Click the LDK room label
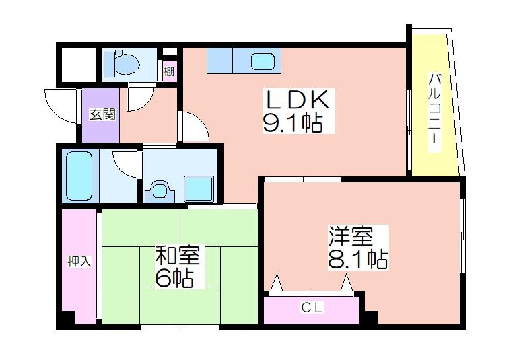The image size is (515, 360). pyautogui.click(x=298, y=100)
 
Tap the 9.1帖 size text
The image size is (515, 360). pyautogui.click(x=292, y=122)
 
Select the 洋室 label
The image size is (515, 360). pyautogui.click(x=351, y=236)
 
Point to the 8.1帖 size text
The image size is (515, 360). pyautogui.click(x=357, y=259)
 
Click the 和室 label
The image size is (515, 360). pyautogui.click(x=178, y=255)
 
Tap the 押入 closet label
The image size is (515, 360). pyautogui.click(x=79, y=261)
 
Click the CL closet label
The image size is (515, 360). pyautogui.click(x=312, y=308)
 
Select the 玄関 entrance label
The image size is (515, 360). pyautogui.click(x=102, y=114)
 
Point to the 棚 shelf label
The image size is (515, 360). pyautogui.click(x=169, y=71)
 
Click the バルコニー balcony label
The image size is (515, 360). pyautogui.click(x=435, y=112)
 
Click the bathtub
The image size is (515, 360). pyautogui.click(x=79, y=176)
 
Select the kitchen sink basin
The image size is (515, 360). pyautogui.click(x=263, y=61)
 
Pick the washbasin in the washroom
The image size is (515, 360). pyautogui.click(x=160, y=190)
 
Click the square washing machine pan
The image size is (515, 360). pyautogui.click(x=199, y=188)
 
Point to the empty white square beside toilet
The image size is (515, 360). pyautogui.click(x=79, y=65)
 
